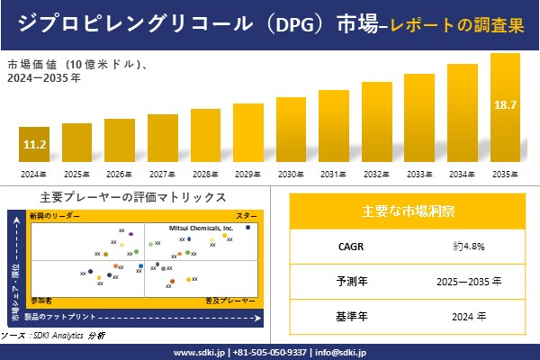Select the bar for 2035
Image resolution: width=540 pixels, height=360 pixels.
(x=505, y=108)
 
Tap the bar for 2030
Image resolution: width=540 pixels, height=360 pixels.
(x=292, y=130)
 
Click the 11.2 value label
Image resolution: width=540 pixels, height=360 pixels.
(x=35, y=144)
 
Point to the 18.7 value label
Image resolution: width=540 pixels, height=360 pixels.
(x=505, y=105)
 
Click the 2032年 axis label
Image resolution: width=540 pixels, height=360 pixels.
(x=377, y=174)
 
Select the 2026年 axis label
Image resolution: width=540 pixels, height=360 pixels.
(x=120, y=174)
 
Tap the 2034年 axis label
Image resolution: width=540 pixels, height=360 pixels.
(x=463, y=174)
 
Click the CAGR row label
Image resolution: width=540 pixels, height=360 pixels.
(x=347, y=245)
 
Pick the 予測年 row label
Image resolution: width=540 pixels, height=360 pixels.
(x=347, y=281)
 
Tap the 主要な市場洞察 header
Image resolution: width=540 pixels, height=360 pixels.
(x=408, y=212)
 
